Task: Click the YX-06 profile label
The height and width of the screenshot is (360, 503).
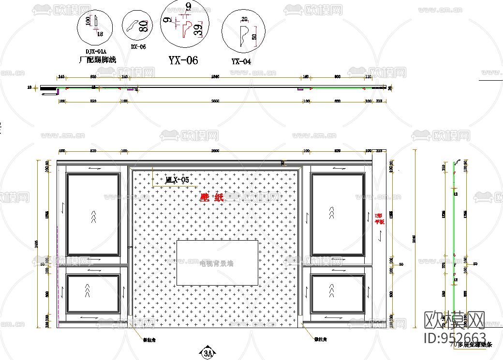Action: (183, 60)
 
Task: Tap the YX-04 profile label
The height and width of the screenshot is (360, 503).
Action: (241, 61)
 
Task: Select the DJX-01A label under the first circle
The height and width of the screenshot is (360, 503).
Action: (96, 51)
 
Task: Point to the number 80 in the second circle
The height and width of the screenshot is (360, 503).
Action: (143, 26)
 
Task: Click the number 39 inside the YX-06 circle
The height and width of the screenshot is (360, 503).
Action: (197, 31)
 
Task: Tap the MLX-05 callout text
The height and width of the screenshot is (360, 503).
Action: (177, 180)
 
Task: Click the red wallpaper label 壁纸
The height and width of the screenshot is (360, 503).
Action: (212, 197)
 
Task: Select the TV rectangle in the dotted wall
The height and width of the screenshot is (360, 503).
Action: (217, 262)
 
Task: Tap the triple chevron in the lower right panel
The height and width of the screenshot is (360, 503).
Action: (331, 290)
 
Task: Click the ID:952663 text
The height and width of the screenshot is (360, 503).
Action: (455, 337)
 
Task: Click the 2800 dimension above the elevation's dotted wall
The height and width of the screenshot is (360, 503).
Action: (215, 151)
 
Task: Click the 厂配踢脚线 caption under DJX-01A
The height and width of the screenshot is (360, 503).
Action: (97, 60)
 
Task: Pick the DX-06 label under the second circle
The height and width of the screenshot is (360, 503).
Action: (138, 47)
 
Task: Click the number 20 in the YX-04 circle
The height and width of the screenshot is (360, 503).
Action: (244, 19)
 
